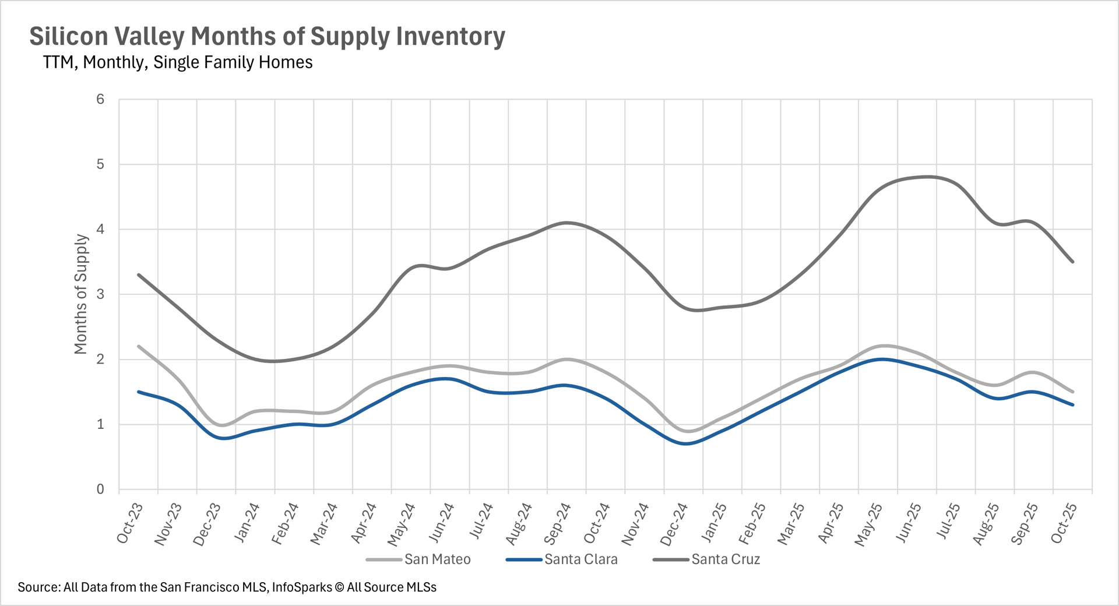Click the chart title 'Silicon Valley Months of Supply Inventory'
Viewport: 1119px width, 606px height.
[267, 36]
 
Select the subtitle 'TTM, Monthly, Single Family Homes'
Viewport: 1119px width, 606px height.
[178, 62]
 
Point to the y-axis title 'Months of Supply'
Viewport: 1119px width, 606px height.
[81, 294]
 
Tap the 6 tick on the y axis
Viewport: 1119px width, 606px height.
[100, 100]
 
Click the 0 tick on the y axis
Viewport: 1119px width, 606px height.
[100, 489]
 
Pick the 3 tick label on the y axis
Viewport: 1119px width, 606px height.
[100, 294]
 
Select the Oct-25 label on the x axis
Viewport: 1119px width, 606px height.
[1064, 523]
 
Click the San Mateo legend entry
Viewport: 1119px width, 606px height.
[437, 559]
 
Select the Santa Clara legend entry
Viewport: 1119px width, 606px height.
[580, 559]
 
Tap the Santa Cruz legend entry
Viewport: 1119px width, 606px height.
[726, 559]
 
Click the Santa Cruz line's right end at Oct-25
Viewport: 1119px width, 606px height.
[1073, 262]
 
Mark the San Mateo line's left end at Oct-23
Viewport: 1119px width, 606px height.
[139, 346]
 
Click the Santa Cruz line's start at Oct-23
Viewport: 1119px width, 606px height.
[139, 274]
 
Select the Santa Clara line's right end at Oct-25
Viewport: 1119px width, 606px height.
[1073, 405]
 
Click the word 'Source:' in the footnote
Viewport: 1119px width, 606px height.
[38, 587]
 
